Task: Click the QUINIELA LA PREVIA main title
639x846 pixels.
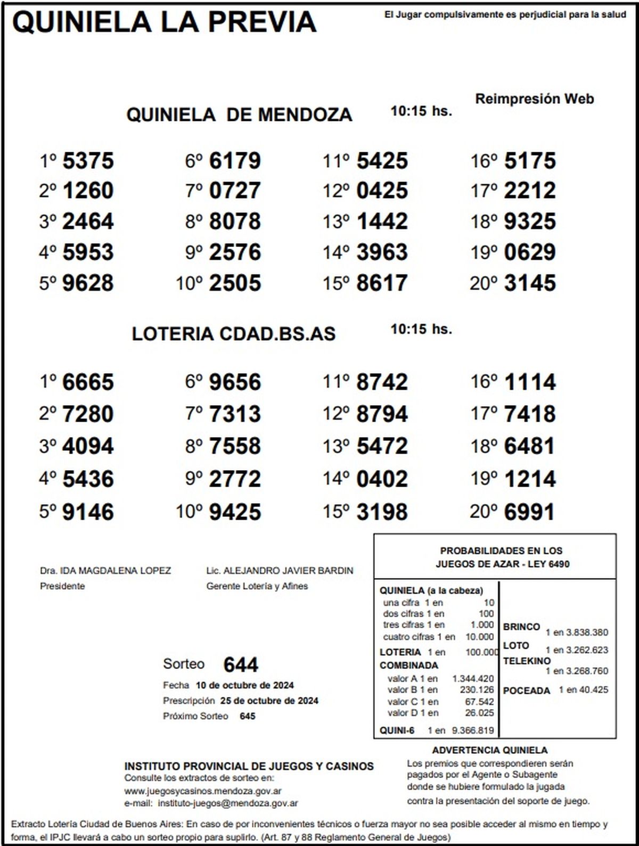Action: click(x=164, y=22)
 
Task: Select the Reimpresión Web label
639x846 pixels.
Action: click(x=534, y=98)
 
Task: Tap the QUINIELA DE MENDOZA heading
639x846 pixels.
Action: click(x=239, y=114)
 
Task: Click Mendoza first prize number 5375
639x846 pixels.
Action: click(x=88, y=161)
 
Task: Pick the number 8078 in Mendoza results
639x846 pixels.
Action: click(x=235, y=221)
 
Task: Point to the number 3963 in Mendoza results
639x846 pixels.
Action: click(x=382, y=252)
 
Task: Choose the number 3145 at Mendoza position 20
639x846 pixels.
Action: click(x=529, y=283)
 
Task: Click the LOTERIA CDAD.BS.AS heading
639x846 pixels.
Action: click(x=234, y=334)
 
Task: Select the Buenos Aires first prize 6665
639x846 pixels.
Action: click(x=88, y=382)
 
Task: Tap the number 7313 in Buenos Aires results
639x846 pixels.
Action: click(x=235, y=414)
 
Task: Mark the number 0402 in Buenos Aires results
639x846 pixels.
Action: click(x=382, y=479)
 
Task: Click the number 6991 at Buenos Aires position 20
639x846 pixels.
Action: click(x=529, y=512)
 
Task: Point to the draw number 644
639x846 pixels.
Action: click(x=241, y=664)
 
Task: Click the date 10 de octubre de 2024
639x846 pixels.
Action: click(x=244, y=685)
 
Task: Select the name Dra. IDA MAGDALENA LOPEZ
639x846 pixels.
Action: click(x=105, y=571)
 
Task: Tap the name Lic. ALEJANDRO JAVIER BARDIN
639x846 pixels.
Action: click(x=280, y=571)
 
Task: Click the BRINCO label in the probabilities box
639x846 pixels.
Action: click(x=521, y=627)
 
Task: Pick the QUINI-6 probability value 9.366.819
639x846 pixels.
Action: click(x=472, y=730)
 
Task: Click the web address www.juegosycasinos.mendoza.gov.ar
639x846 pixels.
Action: click(x=203, y=791)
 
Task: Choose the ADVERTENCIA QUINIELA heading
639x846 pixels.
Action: click(x=489, y=751)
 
